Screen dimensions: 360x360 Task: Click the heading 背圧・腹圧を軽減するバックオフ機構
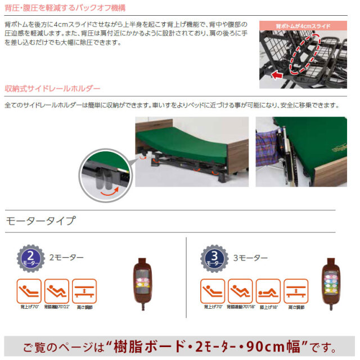tap(65, 8)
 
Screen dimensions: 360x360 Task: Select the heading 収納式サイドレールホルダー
tap(52, 89)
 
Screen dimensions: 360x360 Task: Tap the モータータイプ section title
tap(39, 220)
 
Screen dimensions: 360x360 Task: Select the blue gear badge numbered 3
tap(213, 258)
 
